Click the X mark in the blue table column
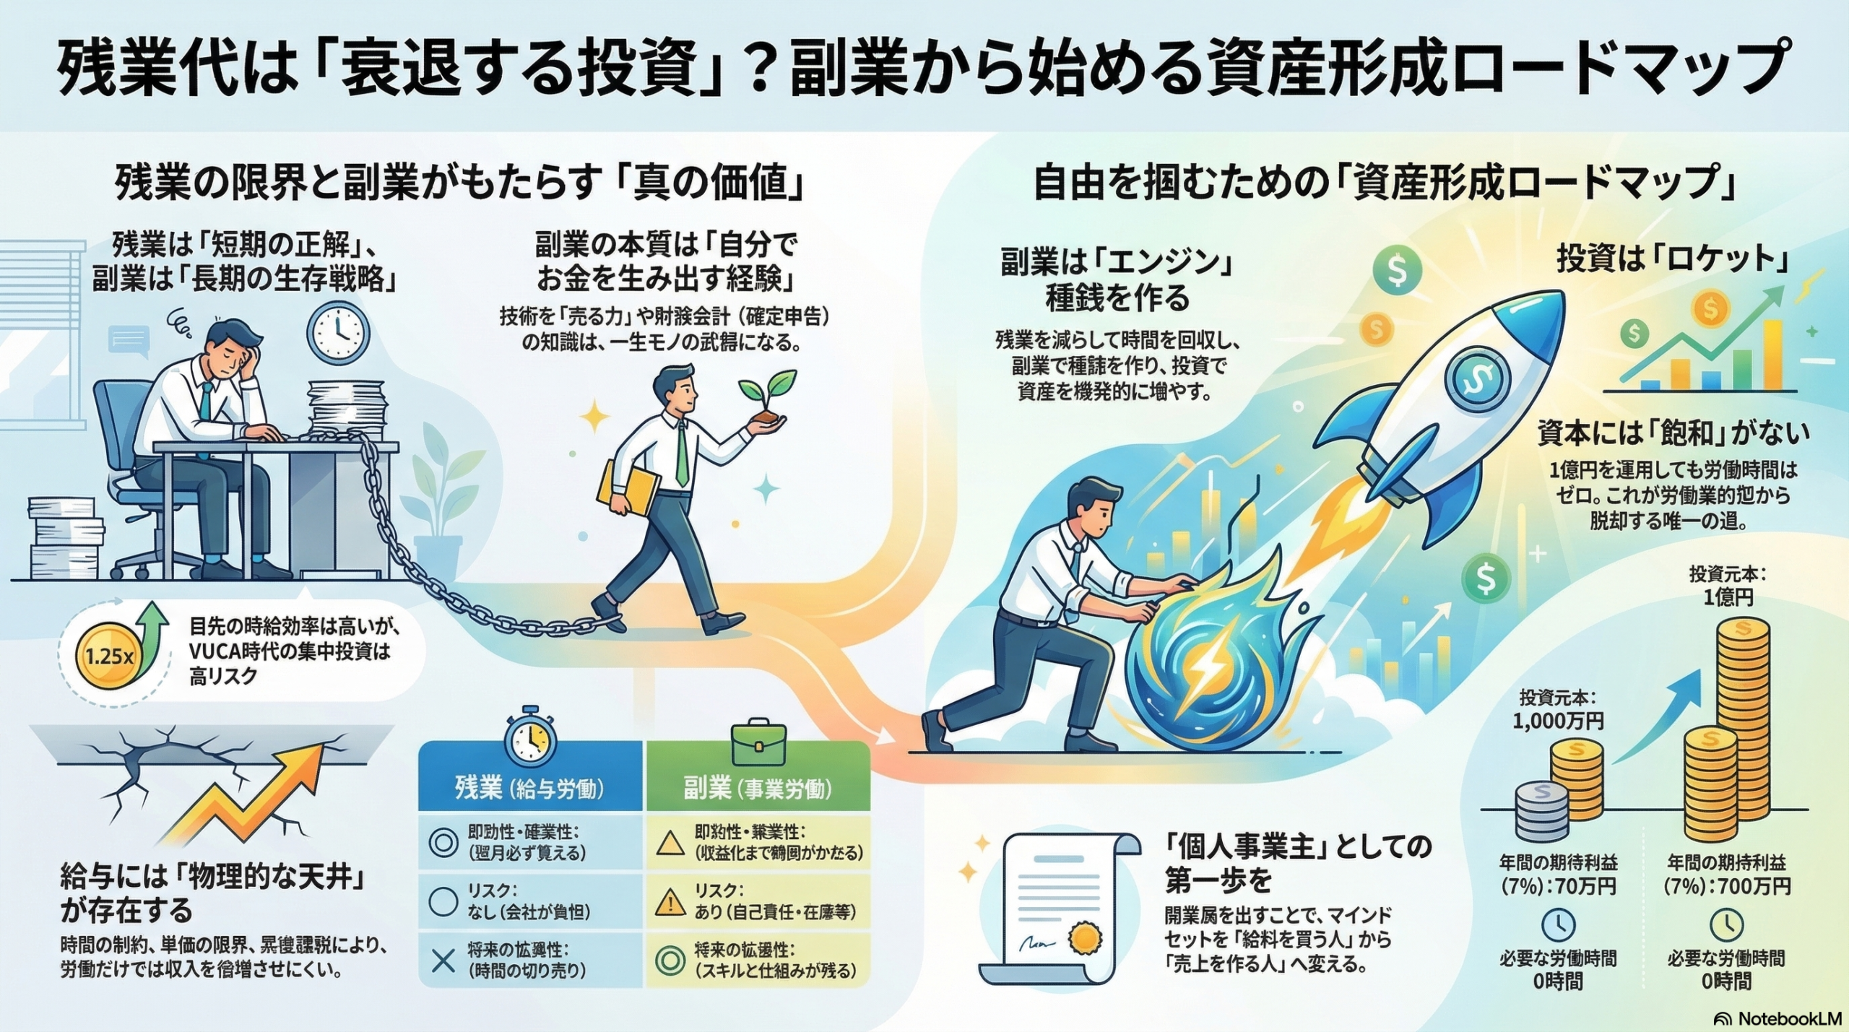click(443, 960)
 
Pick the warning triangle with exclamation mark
click(670, 902)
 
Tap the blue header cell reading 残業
click(529, 788)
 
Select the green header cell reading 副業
click(758, 788)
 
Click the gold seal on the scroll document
click(1083, 940)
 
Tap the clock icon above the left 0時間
click(1558, 925)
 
